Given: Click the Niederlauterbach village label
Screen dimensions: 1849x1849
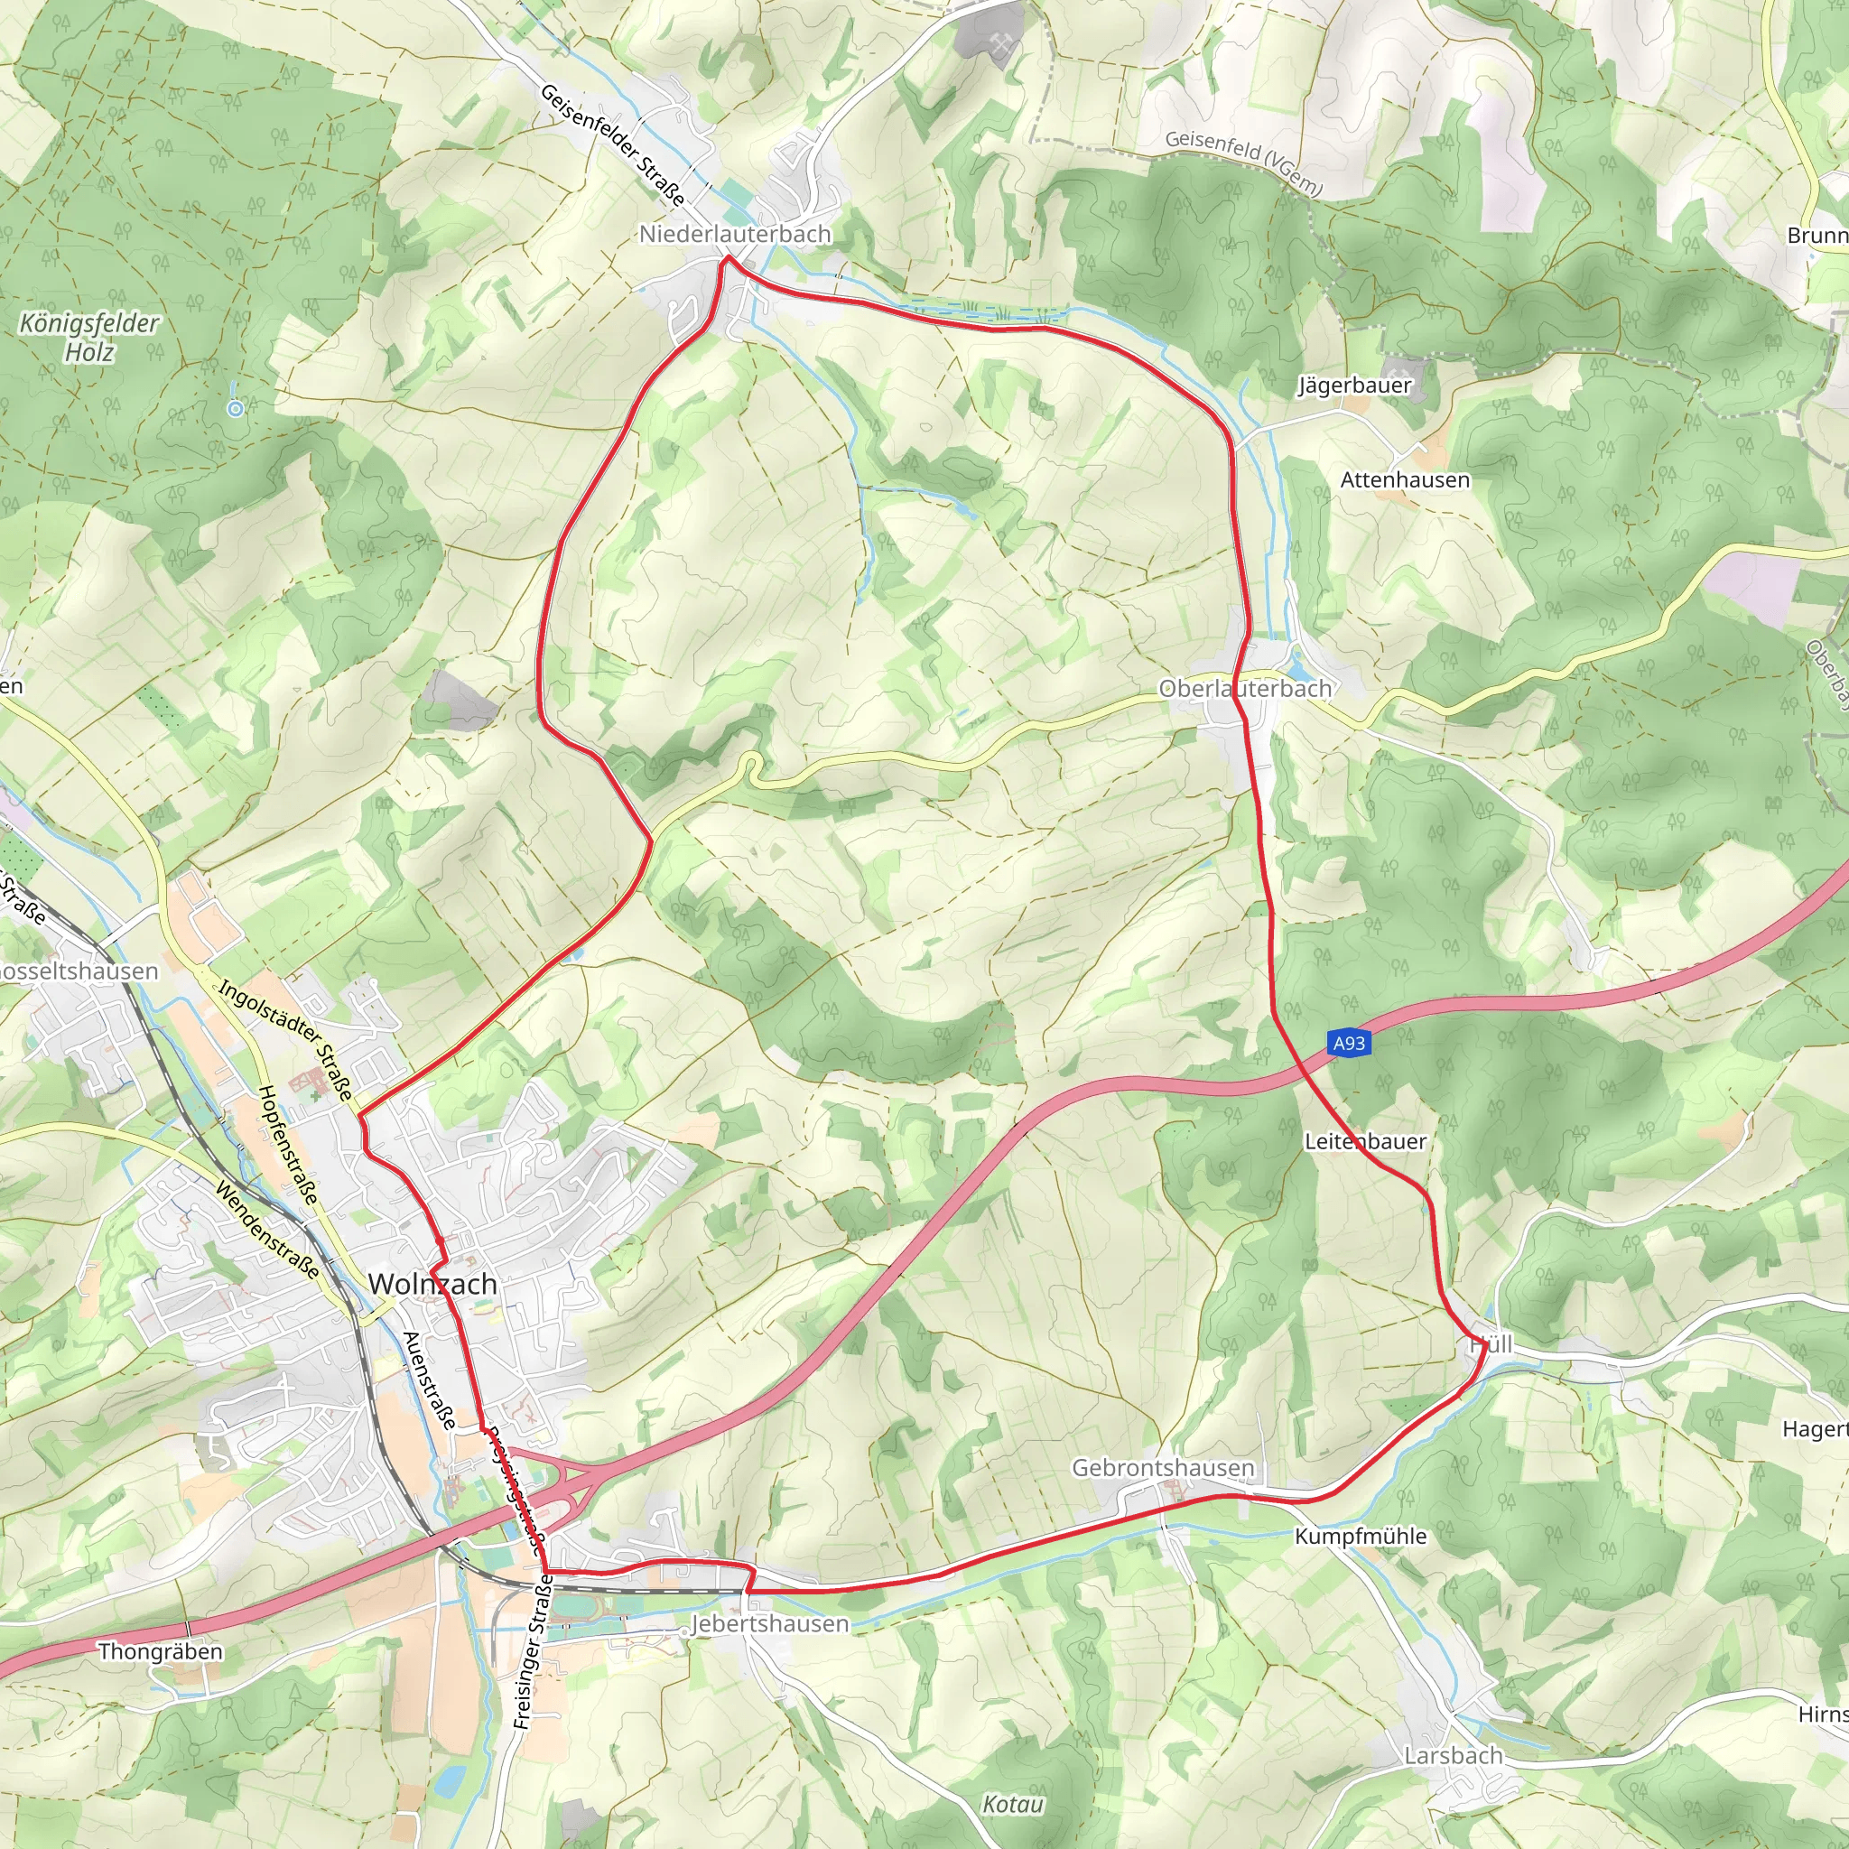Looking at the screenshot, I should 735,235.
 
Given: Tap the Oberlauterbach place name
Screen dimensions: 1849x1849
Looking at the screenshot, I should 1245,688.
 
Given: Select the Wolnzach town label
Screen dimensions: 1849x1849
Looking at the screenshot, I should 432,1284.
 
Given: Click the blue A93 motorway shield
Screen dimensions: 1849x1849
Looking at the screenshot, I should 1350,1043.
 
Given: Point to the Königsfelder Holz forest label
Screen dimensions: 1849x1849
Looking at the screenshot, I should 89,338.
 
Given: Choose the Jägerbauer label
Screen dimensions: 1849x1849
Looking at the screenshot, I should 1354,386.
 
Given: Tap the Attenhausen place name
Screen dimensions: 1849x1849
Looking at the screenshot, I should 1405,479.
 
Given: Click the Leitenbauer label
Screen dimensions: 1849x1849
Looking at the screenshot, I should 1366,1142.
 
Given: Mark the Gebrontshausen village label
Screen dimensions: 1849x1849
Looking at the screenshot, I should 1163,1468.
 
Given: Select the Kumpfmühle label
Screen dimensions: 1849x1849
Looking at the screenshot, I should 1361,1536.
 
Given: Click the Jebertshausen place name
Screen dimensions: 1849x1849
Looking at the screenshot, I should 769,1623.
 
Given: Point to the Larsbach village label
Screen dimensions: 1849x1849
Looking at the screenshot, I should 1454,1755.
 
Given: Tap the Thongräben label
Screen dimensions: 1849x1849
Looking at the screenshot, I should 161,1651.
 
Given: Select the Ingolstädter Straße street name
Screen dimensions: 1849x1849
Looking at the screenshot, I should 286,1039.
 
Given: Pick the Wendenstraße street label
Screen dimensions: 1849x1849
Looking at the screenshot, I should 267,1230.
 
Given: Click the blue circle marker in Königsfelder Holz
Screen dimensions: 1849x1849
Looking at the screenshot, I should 236,409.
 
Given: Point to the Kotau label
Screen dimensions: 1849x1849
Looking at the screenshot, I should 1013,1804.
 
